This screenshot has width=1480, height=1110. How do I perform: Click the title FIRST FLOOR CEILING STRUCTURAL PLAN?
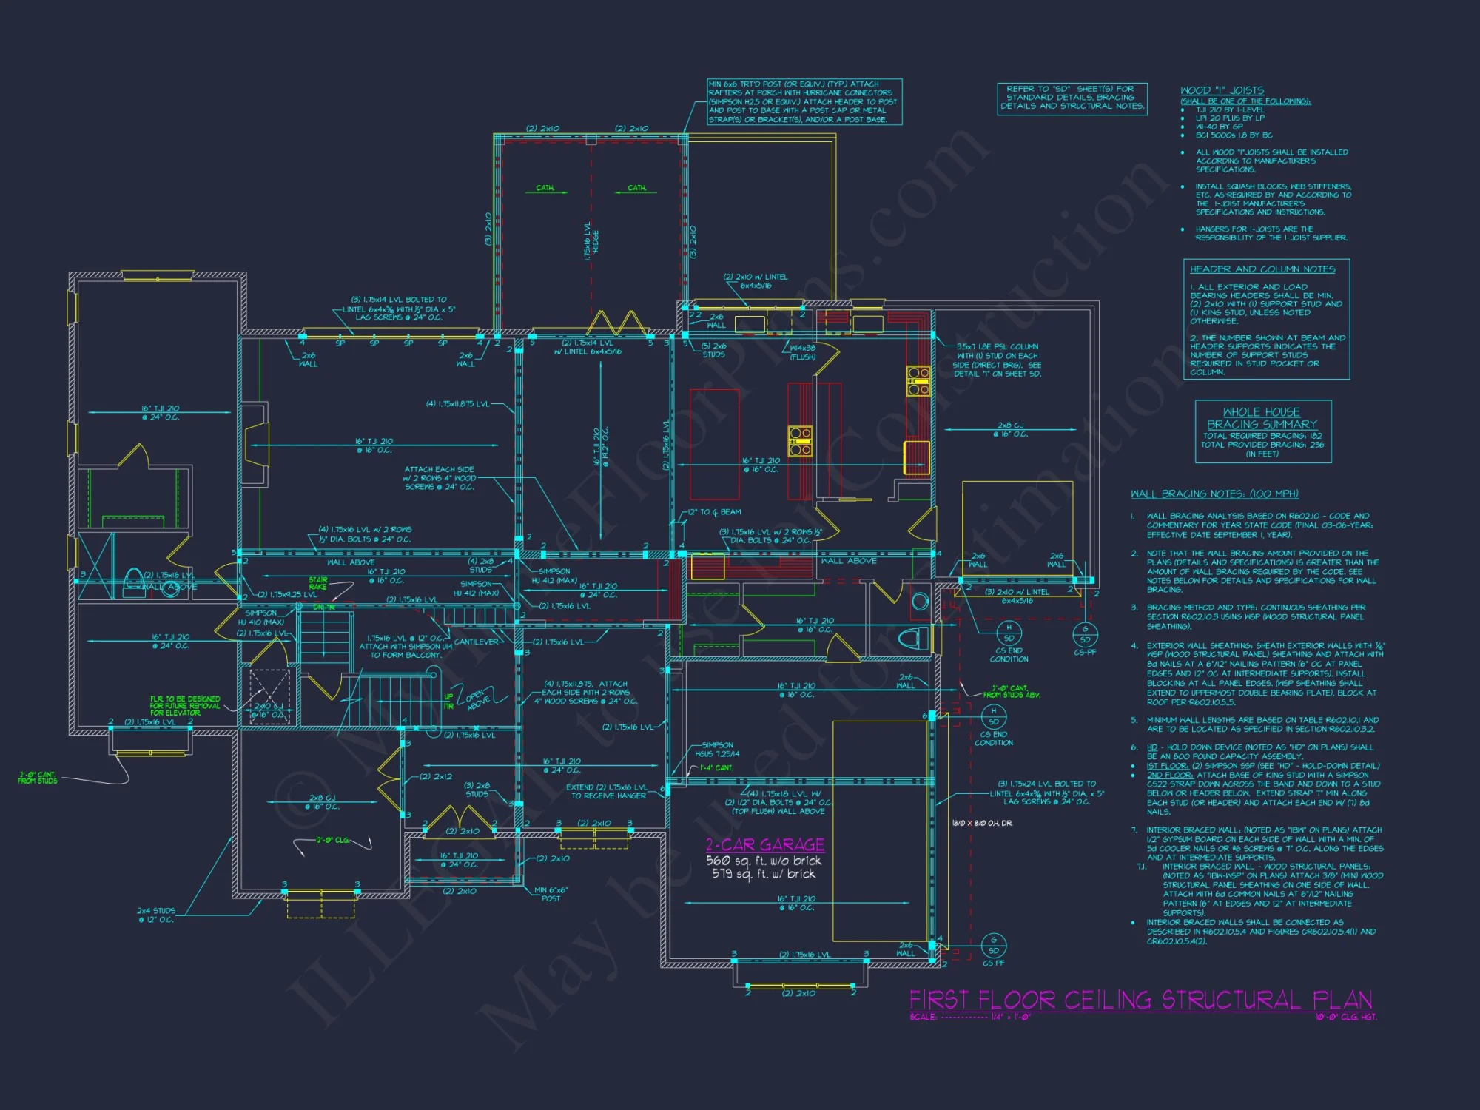coord(1140,1000)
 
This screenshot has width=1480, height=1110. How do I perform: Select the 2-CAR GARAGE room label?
coord(764,844)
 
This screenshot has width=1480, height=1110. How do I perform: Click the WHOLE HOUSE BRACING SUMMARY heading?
coord(1262,418)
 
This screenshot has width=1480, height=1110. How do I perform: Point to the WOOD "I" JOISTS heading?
coord(1222,90)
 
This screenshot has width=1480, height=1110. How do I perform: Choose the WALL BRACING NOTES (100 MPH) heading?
coord(1214,494)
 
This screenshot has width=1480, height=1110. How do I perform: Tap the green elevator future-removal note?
coord(185,705)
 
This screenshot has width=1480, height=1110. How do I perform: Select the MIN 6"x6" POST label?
coord(551,894)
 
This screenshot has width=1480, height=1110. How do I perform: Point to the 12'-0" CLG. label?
coord(332,840)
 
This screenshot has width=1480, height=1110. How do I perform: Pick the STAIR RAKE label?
coord(318,583)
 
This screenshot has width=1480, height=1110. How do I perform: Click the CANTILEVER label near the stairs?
coord(476,642)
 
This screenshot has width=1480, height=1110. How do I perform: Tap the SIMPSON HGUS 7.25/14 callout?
coord(717,750)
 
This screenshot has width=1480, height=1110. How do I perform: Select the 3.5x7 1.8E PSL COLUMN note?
coord(997,360)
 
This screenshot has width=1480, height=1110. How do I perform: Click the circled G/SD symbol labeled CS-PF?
coord(1085,634)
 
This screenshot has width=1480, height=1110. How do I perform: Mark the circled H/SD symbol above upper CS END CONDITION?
coord(1009,633)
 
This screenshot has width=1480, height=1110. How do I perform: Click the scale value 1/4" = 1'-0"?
coord(1011,1017)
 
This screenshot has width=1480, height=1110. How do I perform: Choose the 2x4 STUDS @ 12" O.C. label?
coord(156,915)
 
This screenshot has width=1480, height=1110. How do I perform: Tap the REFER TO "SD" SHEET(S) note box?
coord(1072,98)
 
